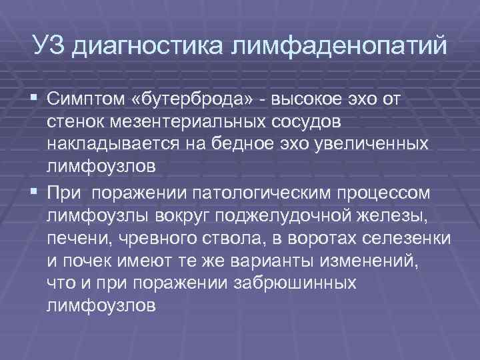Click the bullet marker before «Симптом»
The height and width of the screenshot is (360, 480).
coord(35,100)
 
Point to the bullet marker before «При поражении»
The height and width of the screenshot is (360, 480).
coord(35,193)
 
